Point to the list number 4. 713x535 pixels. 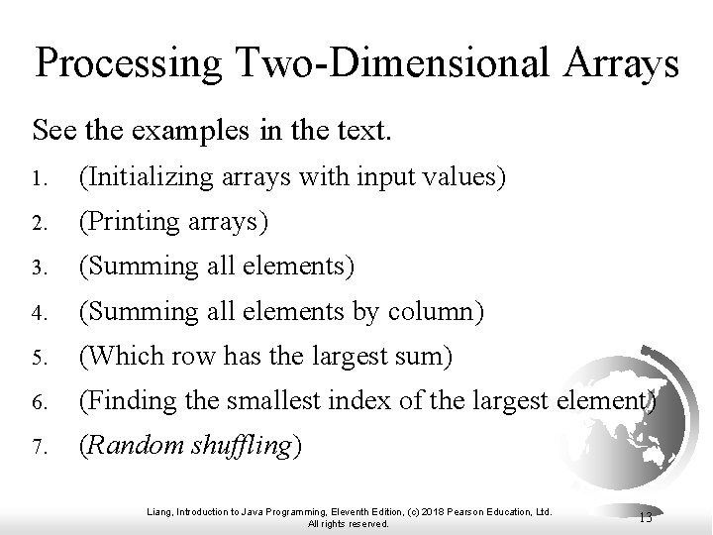pos(39,314)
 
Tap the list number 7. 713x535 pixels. pos(39,448)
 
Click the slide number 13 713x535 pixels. pos(645,516)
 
